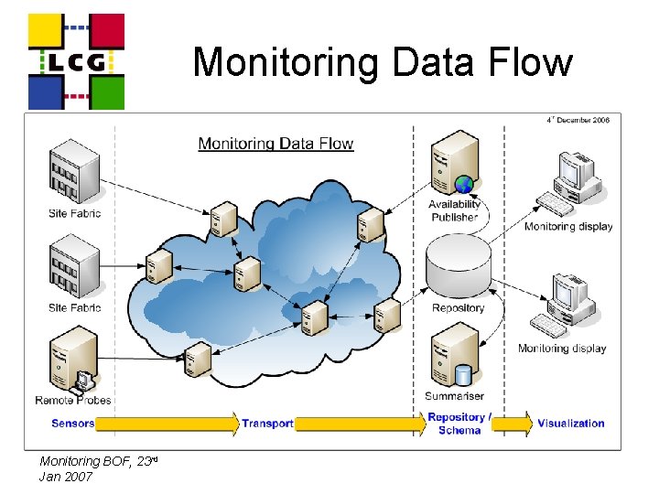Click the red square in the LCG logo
click(x=107, y=30)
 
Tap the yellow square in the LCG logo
click(x=46, y=30)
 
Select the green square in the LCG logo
click(x=107, y=93)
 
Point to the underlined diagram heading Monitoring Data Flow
click(x=275, y=144)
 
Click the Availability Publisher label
click(x=454, y=210)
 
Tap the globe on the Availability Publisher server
click(x=464, y=184)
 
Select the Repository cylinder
click(x=459, y=266)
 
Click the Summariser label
click(x=454, y=396)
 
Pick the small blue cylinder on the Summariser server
click(x=463, y=376)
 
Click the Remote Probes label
click(x=73, y=400)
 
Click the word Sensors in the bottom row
click(x=72, y=423)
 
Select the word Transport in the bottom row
click(x=267, y=424)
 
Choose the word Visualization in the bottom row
click(x=571, y=423)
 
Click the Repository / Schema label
click(x=459, y=424)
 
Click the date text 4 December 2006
click(x=578, y=120)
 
